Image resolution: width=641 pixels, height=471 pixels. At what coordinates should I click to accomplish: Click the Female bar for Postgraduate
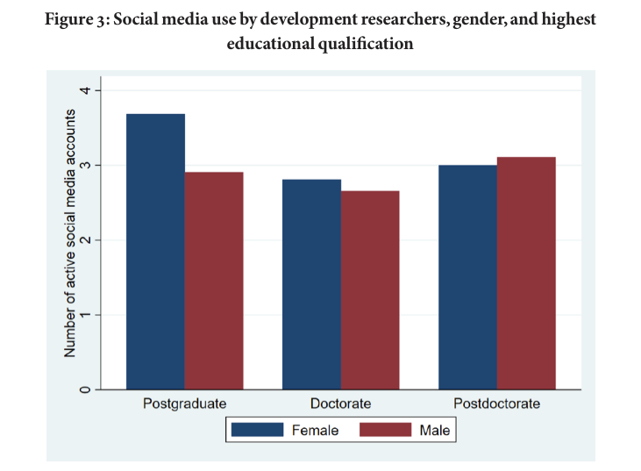coord(155,252)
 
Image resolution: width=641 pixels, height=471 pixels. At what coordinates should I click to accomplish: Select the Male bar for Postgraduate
coord(214,281)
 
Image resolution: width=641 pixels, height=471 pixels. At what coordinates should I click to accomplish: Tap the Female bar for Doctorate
coord(311,284)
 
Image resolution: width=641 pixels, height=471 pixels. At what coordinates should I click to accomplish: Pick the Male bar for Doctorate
coord(370,290)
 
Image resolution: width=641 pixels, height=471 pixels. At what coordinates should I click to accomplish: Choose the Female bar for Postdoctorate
coord(467,277)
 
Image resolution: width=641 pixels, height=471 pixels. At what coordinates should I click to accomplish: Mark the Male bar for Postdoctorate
coord(526,273)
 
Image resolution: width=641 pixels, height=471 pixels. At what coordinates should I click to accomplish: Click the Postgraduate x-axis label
coord(184,404)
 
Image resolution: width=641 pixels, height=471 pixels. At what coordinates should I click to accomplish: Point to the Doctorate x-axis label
coord(340,403)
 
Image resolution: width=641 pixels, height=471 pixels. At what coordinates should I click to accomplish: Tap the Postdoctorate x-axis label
coord(496,403)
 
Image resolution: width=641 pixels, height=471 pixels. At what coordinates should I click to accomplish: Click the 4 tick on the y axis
coord(85,90)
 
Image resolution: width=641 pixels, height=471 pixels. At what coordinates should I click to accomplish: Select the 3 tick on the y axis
coord(85,165)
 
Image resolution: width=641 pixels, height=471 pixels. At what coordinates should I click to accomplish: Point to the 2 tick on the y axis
coord(85,240)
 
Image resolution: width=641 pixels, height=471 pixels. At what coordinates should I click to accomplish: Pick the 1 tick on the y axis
coord(85,315)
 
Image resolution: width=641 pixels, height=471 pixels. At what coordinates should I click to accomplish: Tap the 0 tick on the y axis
coord(85,389)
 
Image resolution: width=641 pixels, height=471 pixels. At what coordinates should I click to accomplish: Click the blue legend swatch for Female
coord(257,430)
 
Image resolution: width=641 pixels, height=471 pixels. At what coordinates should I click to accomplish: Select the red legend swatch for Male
coord(386,430)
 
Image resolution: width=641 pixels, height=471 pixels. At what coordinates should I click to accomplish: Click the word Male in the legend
coord(435,430)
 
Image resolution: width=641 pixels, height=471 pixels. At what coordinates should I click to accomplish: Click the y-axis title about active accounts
coord(70,233)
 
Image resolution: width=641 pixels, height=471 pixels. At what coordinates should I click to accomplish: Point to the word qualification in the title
coord(366,44)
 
